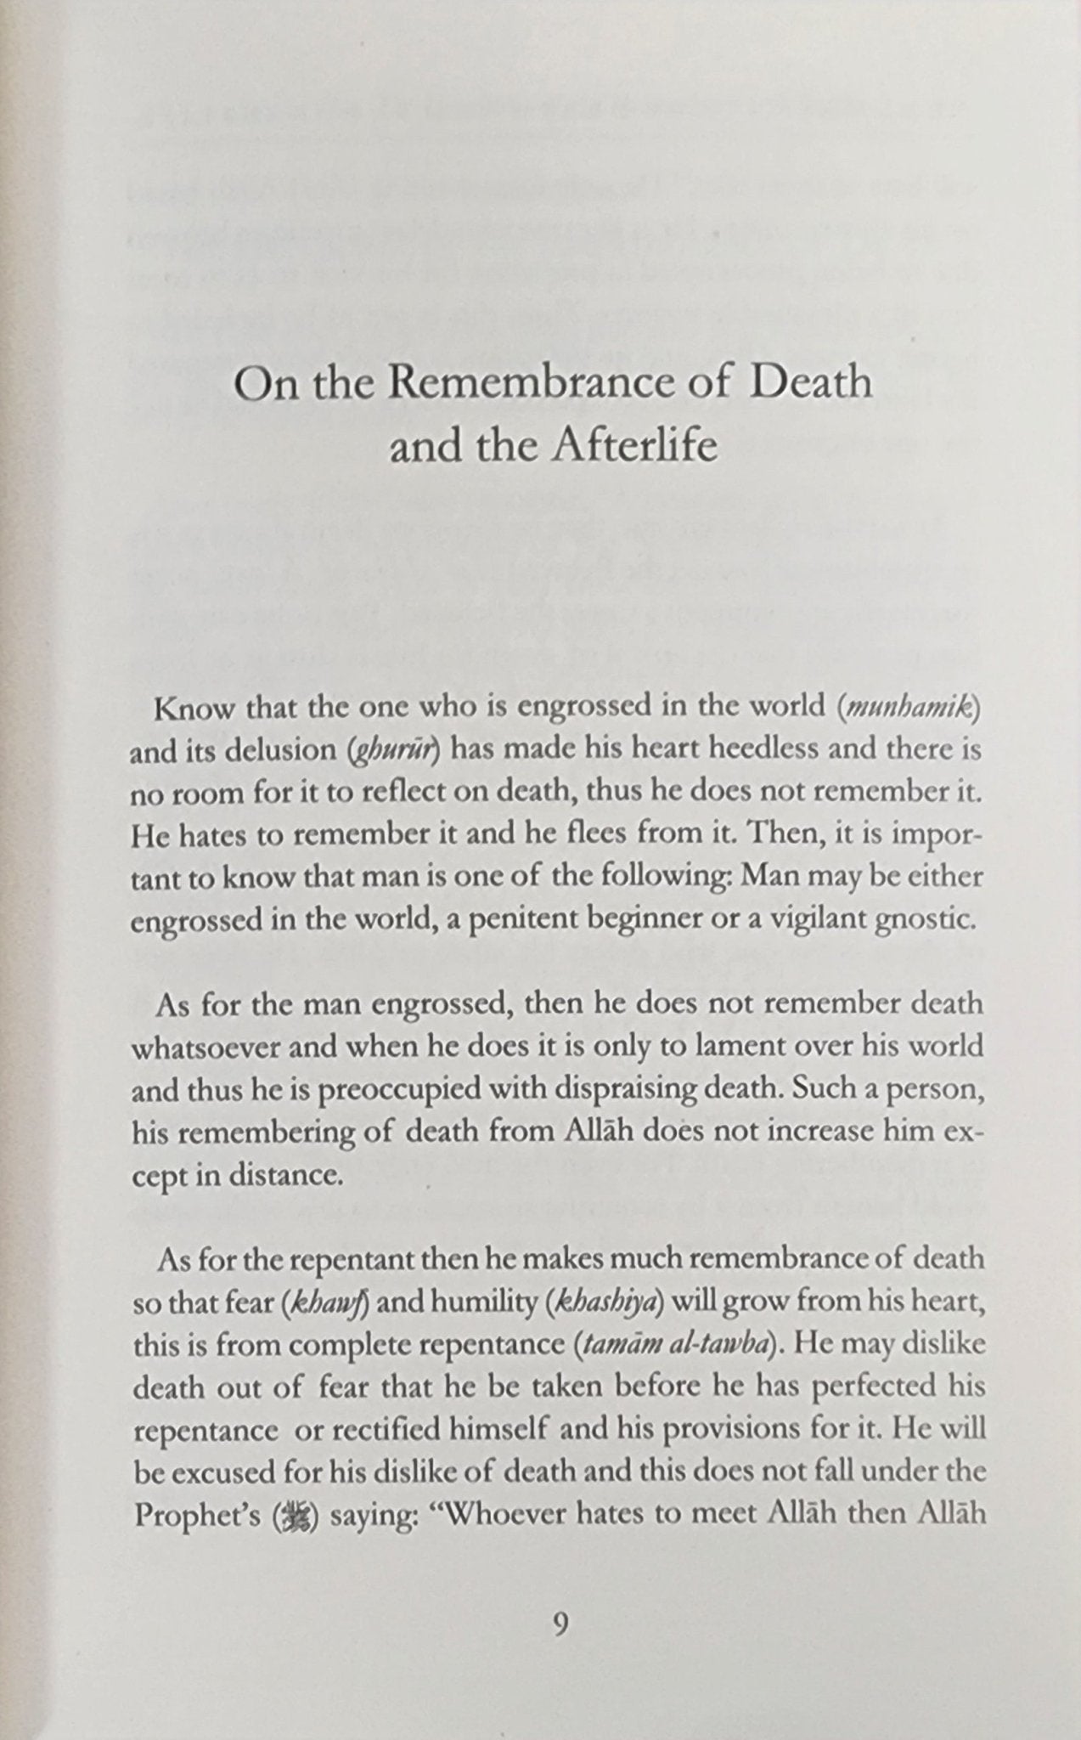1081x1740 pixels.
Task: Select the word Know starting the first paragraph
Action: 186,708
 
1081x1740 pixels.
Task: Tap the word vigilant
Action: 805,921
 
